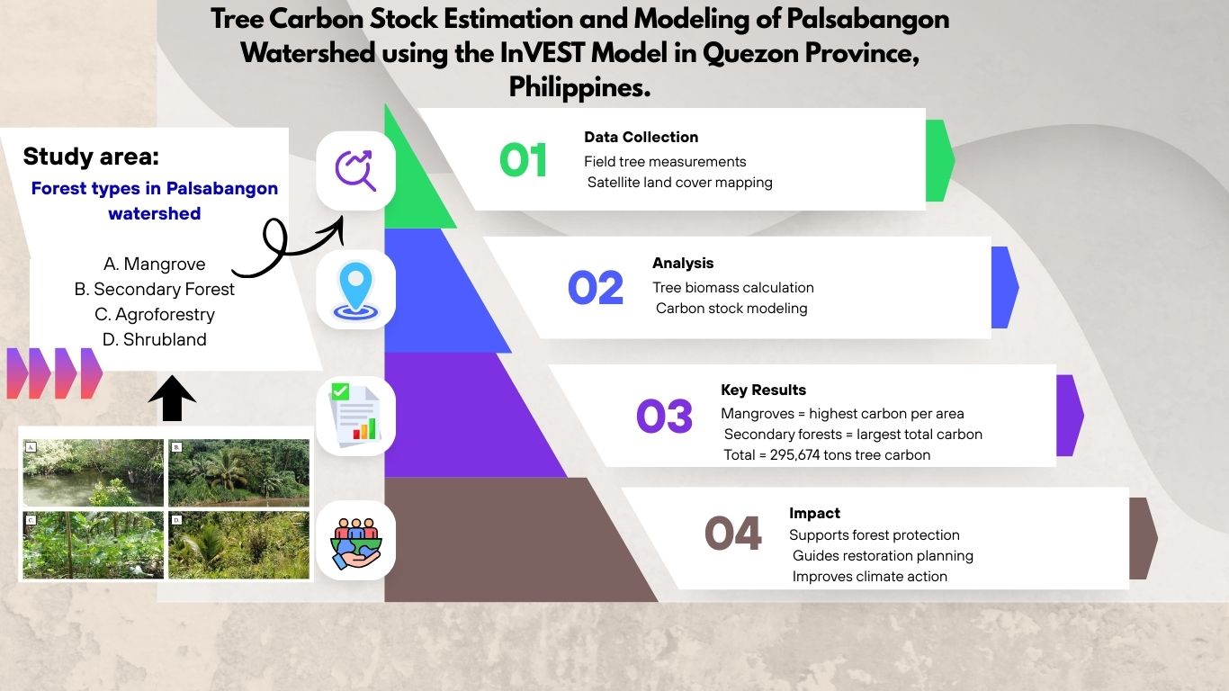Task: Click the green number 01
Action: pos(523,160)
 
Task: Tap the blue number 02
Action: pos(596,288)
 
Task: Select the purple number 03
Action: pos(664,416)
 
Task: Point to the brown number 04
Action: pos(733,533)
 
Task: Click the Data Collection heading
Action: pos(641,138)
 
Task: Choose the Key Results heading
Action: pos(763,390)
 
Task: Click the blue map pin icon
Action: pos(355,291)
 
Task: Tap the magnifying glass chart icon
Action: pos(355,171)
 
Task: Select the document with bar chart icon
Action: pos(355,416)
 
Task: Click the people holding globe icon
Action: pos(355,543)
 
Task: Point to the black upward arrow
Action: pos(172,399)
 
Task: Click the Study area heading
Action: pos(91,157)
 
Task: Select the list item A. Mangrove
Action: pos(154,264)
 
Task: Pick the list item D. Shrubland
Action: pos(154,340)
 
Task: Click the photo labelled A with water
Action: pos(94,472)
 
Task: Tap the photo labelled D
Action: pos(238,545)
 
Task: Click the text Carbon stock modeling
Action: pos(731,309)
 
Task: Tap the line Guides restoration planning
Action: pos(883,556)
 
